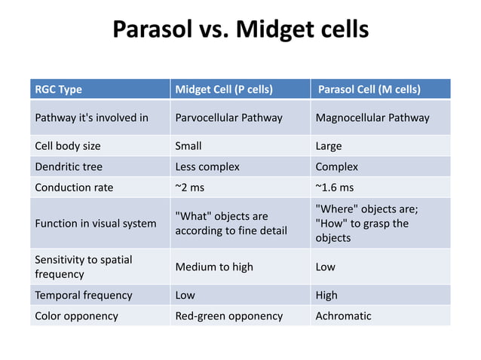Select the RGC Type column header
pyautogui.click(x=59, y=90)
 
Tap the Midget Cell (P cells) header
pyautogui.click(x=223, y=90)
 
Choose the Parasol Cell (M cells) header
pyautogui.click(x=369, y=90)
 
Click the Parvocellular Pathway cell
pyautogui.click(x=228, y=117)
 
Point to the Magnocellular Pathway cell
pyautogui.click(x=372, y=117)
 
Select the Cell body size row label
pyautogui.click(x=68, y=146)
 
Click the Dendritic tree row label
pyautogui.click(x=69, y=166)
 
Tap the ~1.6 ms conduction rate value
pyautogui.click(x=334, y=188)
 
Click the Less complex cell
pyautogui.click(x=207, y=166)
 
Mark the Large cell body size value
pyautogui.click(x=328, y=146)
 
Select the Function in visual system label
pyautogui.click(x=96, y=223)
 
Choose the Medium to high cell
pyautogui.click(x=214, y=267)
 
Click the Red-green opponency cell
pyautogui.click(x=228, y=316)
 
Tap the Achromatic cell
pyautogui.click(x=343, y=316)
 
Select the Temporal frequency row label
pyautogui.click(x=84, y=295)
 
